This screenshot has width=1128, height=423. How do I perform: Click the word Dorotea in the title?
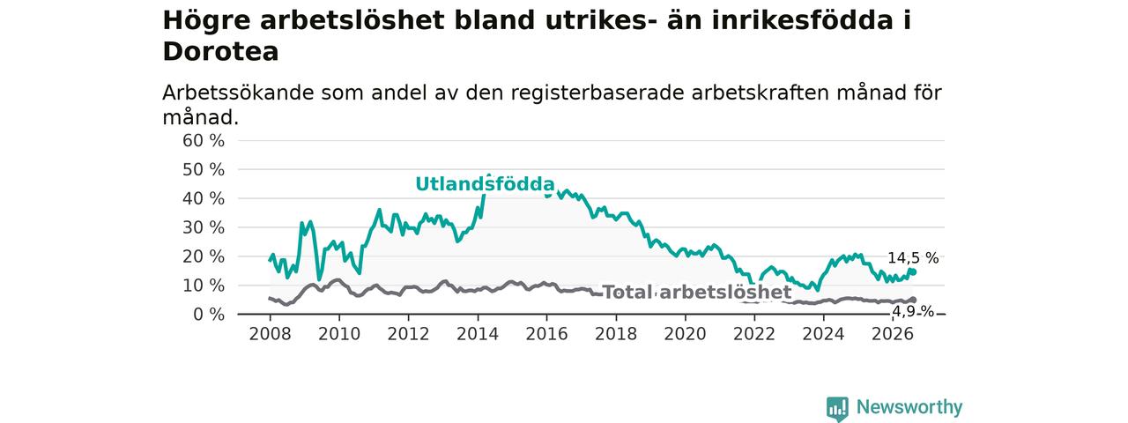click(220, 51)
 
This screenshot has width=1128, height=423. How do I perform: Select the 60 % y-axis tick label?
click(204, 140)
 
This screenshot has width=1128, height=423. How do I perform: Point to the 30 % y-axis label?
click(204, 227)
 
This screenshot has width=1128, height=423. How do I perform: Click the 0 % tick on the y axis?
click(209, 315)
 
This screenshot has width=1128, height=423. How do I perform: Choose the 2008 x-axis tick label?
click(270, 334)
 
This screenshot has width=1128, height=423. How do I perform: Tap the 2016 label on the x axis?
click(547, 334)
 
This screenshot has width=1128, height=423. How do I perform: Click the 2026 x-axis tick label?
click(893, 334)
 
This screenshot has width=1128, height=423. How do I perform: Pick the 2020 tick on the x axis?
click(685, 334)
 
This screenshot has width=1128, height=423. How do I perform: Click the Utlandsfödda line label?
click(485, 184)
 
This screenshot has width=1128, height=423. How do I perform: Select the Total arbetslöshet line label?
click(697, 292)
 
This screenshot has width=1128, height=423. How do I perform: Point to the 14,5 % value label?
click(913, 258)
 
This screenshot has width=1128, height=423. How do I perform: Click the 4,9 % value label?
click(913, 312)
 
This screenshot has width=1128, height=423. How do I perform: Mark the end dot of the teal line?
click(914, 272)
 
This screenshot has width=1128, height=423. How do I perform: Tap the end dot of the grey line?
click(914, 301)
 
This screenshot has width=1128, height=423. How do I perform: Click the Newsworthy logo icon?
click(837, 408)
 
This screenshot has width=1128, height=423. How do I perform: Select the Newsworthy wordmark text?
click(909, 407)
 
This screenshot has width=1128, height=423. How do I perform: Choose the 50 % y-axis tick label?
click(204, 170)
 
